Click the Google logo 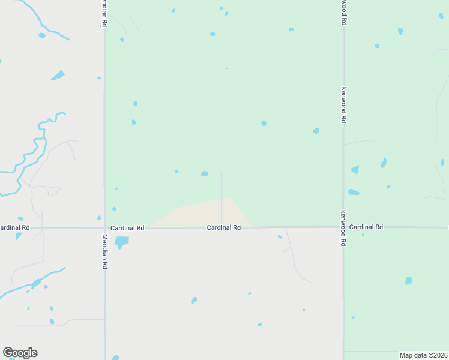(20, 353)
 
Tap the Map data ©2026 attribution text (423, 355)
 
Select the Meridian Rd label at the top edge (104, 13)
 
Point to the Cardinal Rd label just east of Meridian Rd (128, 228)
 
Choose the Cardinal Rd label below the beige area (224, 228)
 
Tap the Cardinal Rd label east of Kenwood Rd (366, 227)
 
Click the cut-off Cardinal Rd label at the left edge (14, 228)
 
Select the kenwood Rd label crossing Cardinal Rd (343, 228)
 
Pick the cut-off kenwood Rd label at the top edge (343, 12)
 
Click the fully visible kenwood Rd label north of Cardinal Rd (343, 105)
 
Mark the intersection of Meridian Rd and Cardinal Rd (104, 228)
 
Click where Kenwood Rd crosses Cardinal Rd (343, 227)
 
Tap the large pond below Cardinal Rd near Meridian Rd (121, 242)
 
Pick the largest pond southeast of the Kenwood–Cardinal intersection (409, 281)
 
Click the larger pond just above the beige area (205, 174)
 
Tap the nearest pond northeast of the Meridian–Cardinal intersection (114, 209)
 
